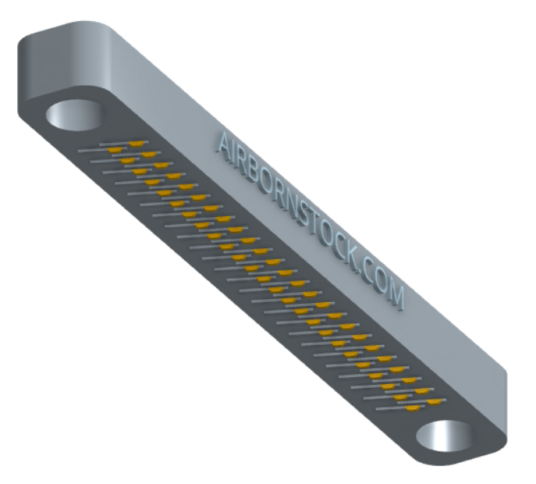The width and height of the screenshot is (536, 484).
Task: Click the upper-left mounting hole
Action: tap(75, 115)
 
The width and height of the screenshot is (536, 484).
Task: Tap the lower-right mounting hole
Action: tap(445, 436)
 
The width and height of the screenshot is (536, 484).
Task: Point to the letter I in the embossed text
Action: tap(236, 155)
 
